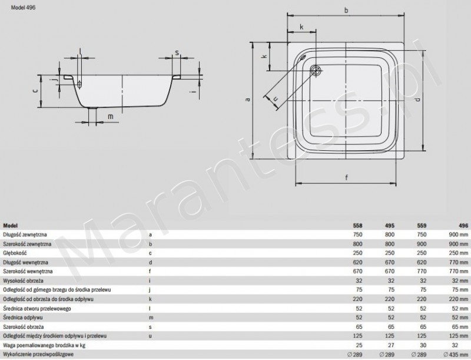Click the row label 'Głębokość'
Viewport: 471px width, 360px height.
[17, 252]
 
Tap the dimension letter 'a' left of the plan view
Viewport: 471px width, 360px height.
[248, 100]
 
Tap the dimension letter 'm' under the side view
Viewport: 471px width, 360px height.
[110, 117]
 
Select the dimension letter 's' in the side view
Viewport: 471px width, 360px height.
[177, 52]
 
